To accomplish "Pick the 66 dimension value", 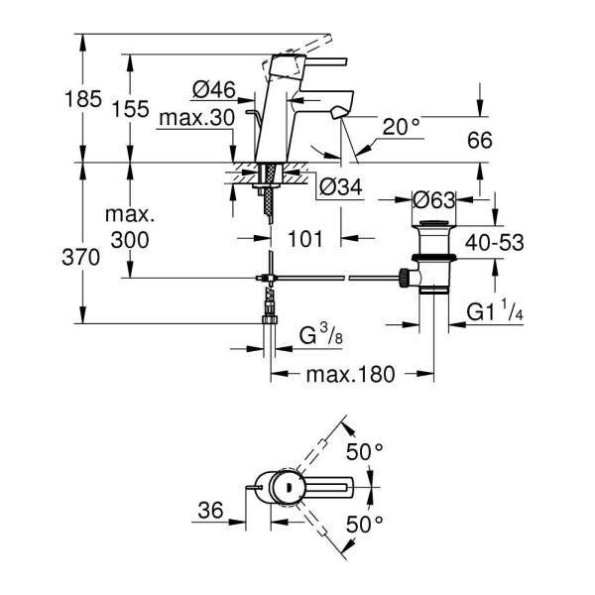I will point(480,141).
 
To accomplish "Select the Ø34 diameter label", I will point(341,184).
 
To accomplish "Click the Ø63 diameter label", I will point(434,197).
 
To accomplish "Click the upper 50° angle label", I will point(364,452).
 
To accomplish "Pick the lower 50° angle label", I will point(364,522).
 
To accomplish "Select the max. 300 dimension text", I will point(132,226).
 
